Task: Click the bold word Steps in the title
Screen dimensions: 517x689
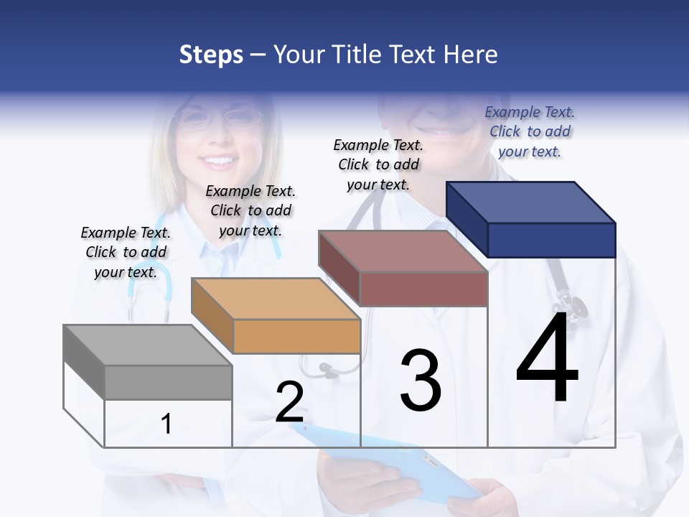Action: coord(211,55)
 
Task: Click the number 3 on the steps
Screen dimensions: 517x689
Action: coord(421,381)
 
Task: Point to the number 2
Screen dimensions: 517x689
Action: coord(289,402)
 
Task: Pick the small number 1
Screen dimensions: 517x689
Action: coord(166,424)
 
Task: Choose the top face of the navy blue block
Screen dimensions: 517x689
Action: coord(531,202)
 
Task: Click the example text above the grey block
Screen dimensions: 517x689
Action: coord(126,252)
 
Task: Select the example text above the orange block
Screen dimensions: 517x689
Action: coord(250,210)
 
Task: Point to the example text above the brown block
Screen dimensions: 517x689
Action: coord(378,164)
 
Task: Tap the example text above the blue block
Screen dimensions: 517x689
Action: coord(530,131)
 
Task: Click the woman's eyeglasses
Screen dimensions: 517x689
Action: coord(215,116)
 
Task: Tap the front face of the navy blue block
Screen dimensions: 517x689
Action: coord(551,240)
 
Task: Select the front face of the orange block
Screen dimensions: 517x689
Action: coord(296,336)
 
